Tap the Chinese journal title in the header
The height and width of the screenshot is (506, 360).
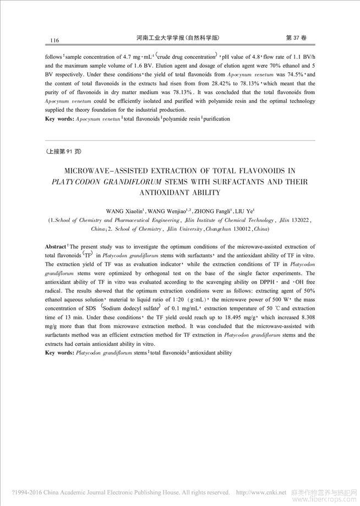tap(177, 38)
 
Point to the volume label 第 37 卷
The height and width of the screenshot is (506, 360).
tap(297, 38)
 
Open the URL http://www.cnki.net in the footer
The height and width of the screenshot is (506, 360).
tap(261, 492)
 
